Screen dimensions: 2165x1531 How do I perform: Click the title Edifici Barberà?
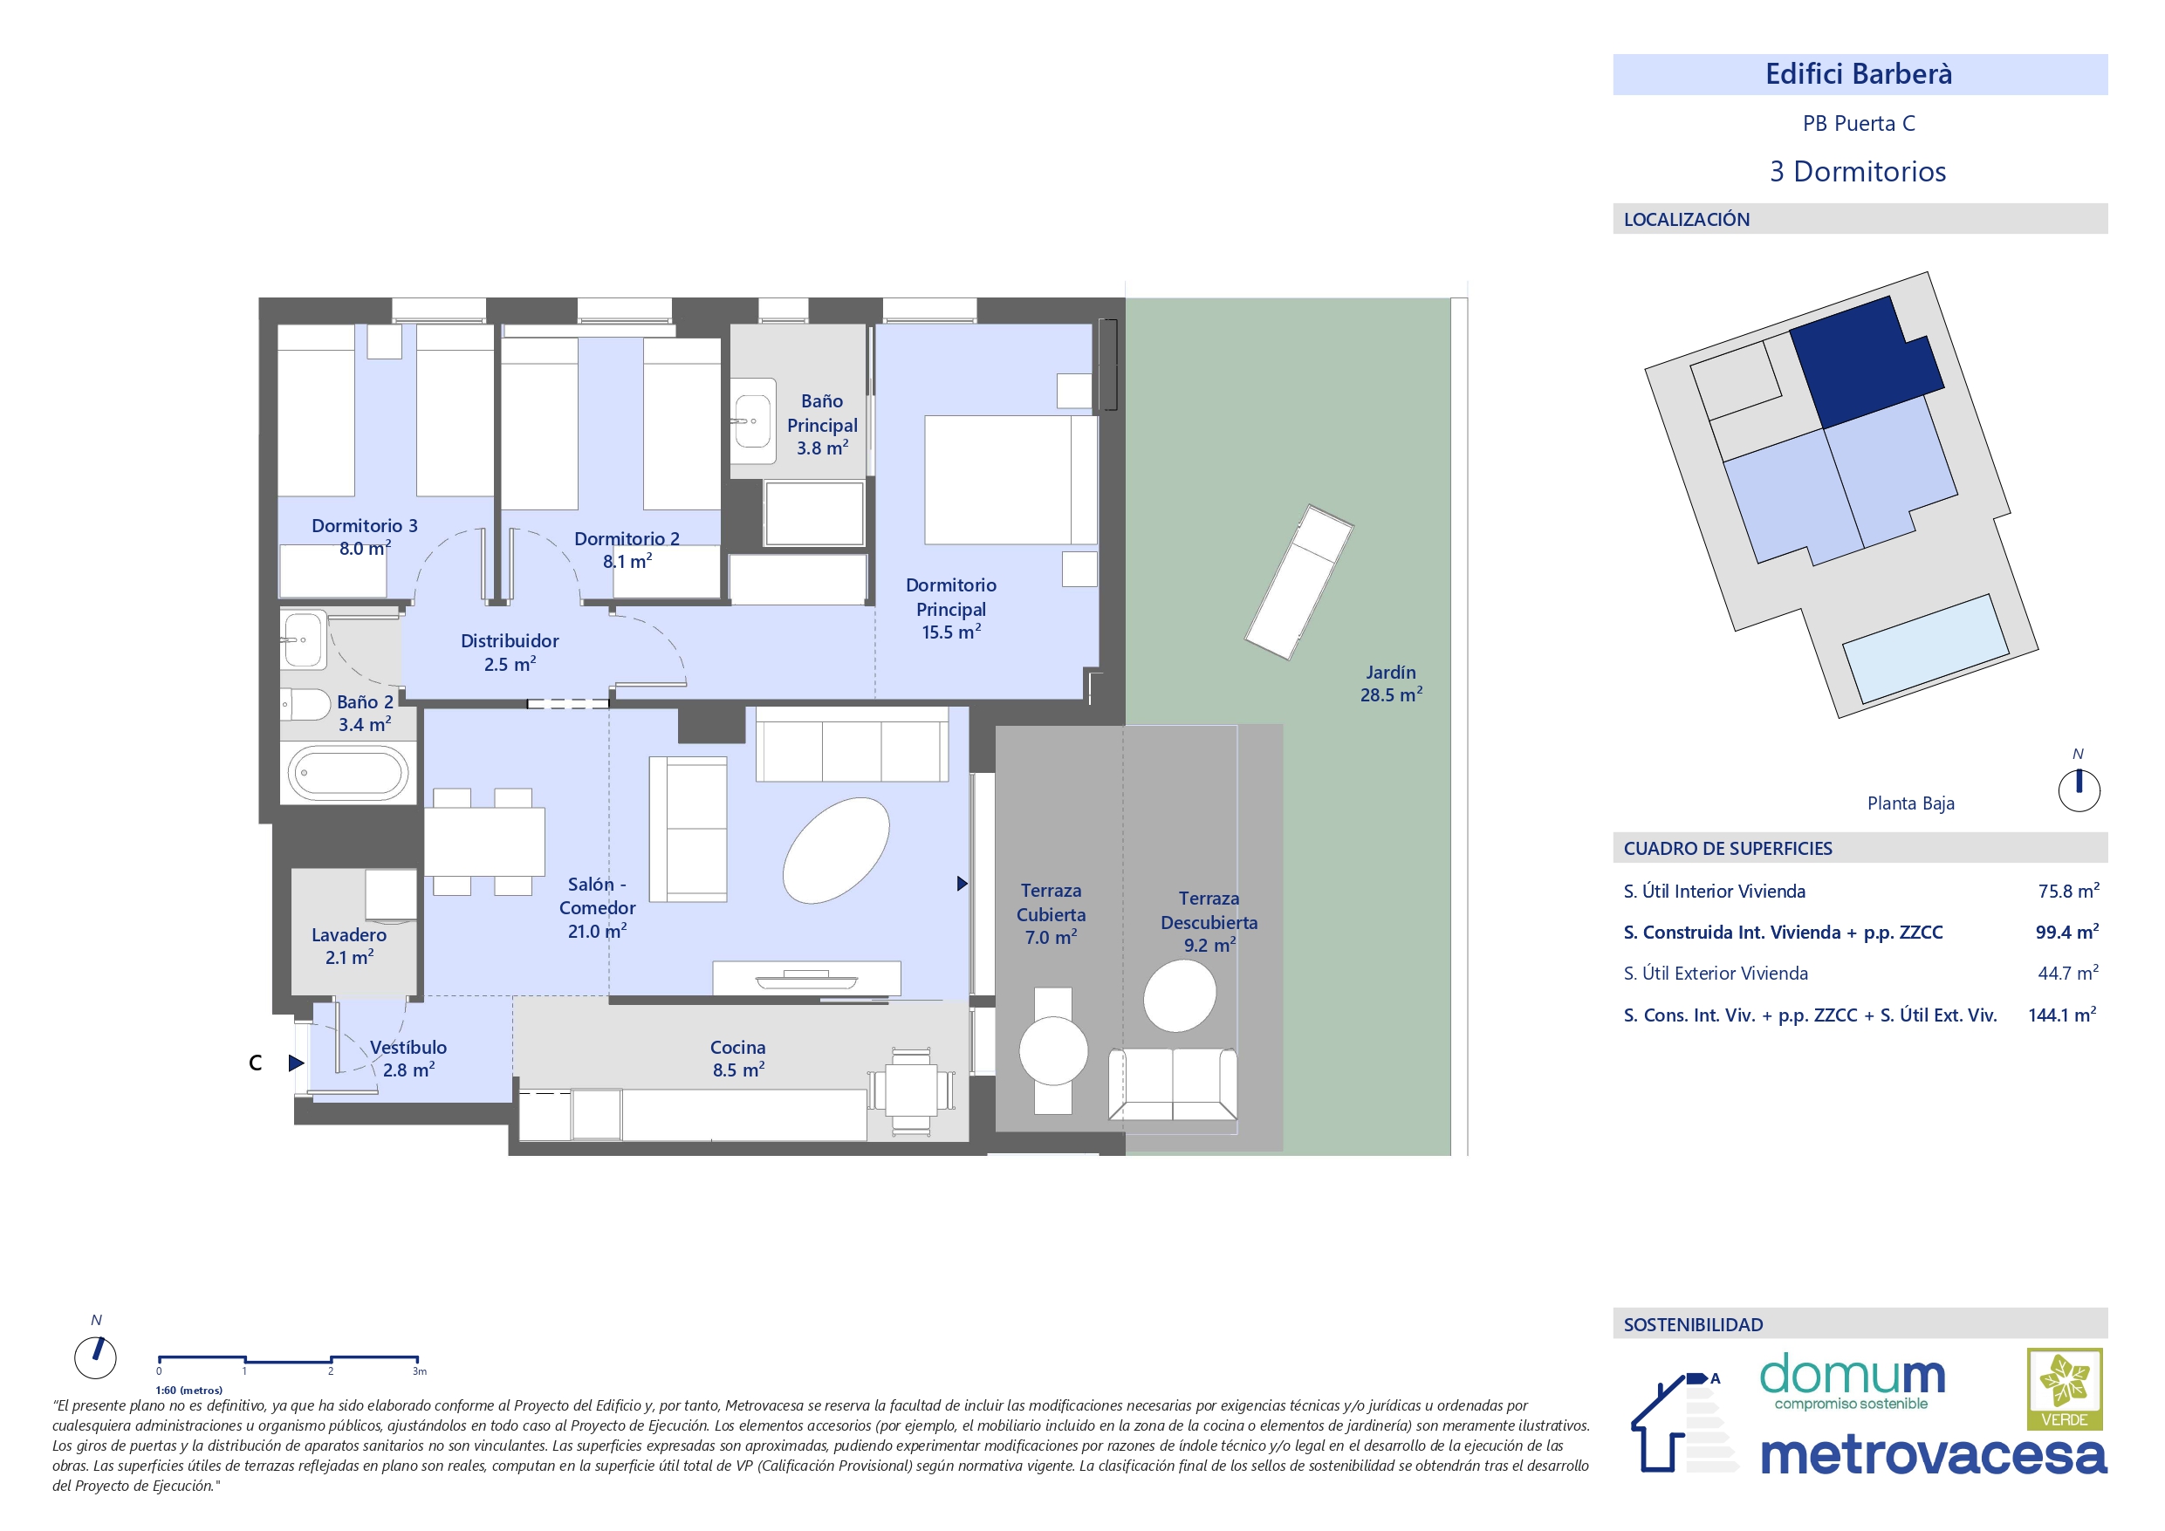point(1859,74)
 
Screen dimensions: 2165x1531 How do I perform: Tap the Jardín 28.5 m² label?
point(1391,683)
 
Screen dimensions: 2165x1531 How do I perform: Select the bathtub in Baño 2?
point(348,773)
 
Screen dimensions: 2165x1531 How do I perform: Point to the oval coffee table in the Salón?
point(835,851)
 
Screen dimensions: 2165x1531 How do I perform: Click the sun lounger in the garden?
point(1299,582)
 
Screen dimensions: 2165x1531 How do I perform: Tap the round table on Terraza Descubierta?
point(1180,994)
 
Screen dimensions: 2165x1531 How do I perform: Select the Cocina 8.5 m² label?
point(737,1059)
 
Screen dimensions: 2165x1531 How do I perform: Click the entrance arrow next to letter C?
point(296,1063)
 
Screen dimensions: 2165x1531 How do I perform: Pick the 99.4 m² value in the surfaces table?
point(2067,933)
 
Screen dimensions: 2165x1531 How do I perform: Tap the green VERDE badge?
point(2065,1390)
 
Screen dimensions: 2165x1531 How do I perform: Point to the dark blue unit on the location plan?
point(1866,363)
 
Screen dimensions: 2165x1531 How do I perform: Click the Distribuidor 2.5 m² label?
point(510,653)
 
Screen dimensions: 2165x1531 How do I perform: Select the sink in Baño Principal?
point(753,421)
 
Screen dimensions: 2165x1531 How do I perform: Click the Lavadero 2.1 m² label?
point(349,946)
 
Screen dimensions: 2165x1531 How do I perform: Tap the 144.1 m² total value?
point(2062,1015)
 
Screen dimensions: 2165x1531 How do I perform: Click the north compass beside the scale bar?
point(95,1357)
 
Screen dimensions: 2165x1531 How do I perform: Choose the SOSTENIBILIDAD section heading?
point(1693,1324)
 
